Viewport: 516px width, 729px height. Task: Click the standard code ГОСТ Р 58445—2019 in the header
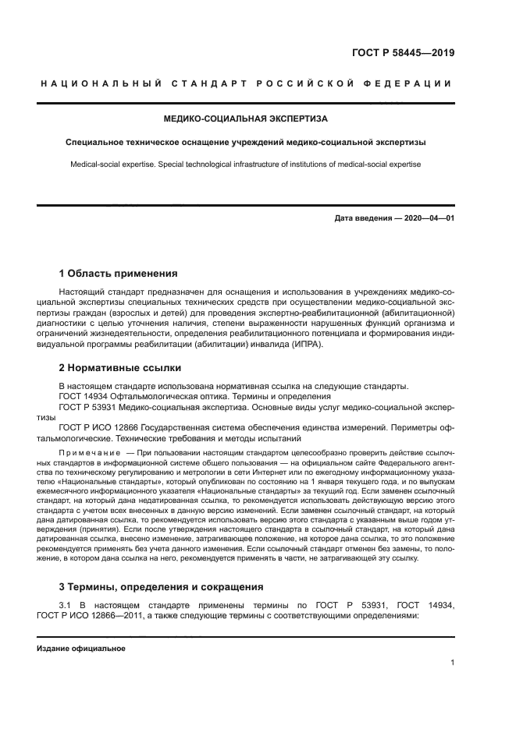(398, 54)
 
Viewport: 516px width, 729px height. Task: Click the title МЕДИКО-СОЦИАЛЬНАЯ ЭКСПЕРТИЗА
(245, 119)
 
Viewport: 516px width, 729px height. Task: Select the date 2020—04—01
(427, 218)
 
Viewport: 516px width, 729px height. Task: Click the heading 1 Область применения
(118, 274)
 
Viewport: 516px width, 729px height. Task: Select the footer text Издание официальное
(80, 648)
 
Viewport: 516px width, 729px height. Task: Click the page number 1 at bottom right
(452, 663)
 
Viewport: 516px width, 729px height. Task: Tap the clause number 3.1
(66, 605)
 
